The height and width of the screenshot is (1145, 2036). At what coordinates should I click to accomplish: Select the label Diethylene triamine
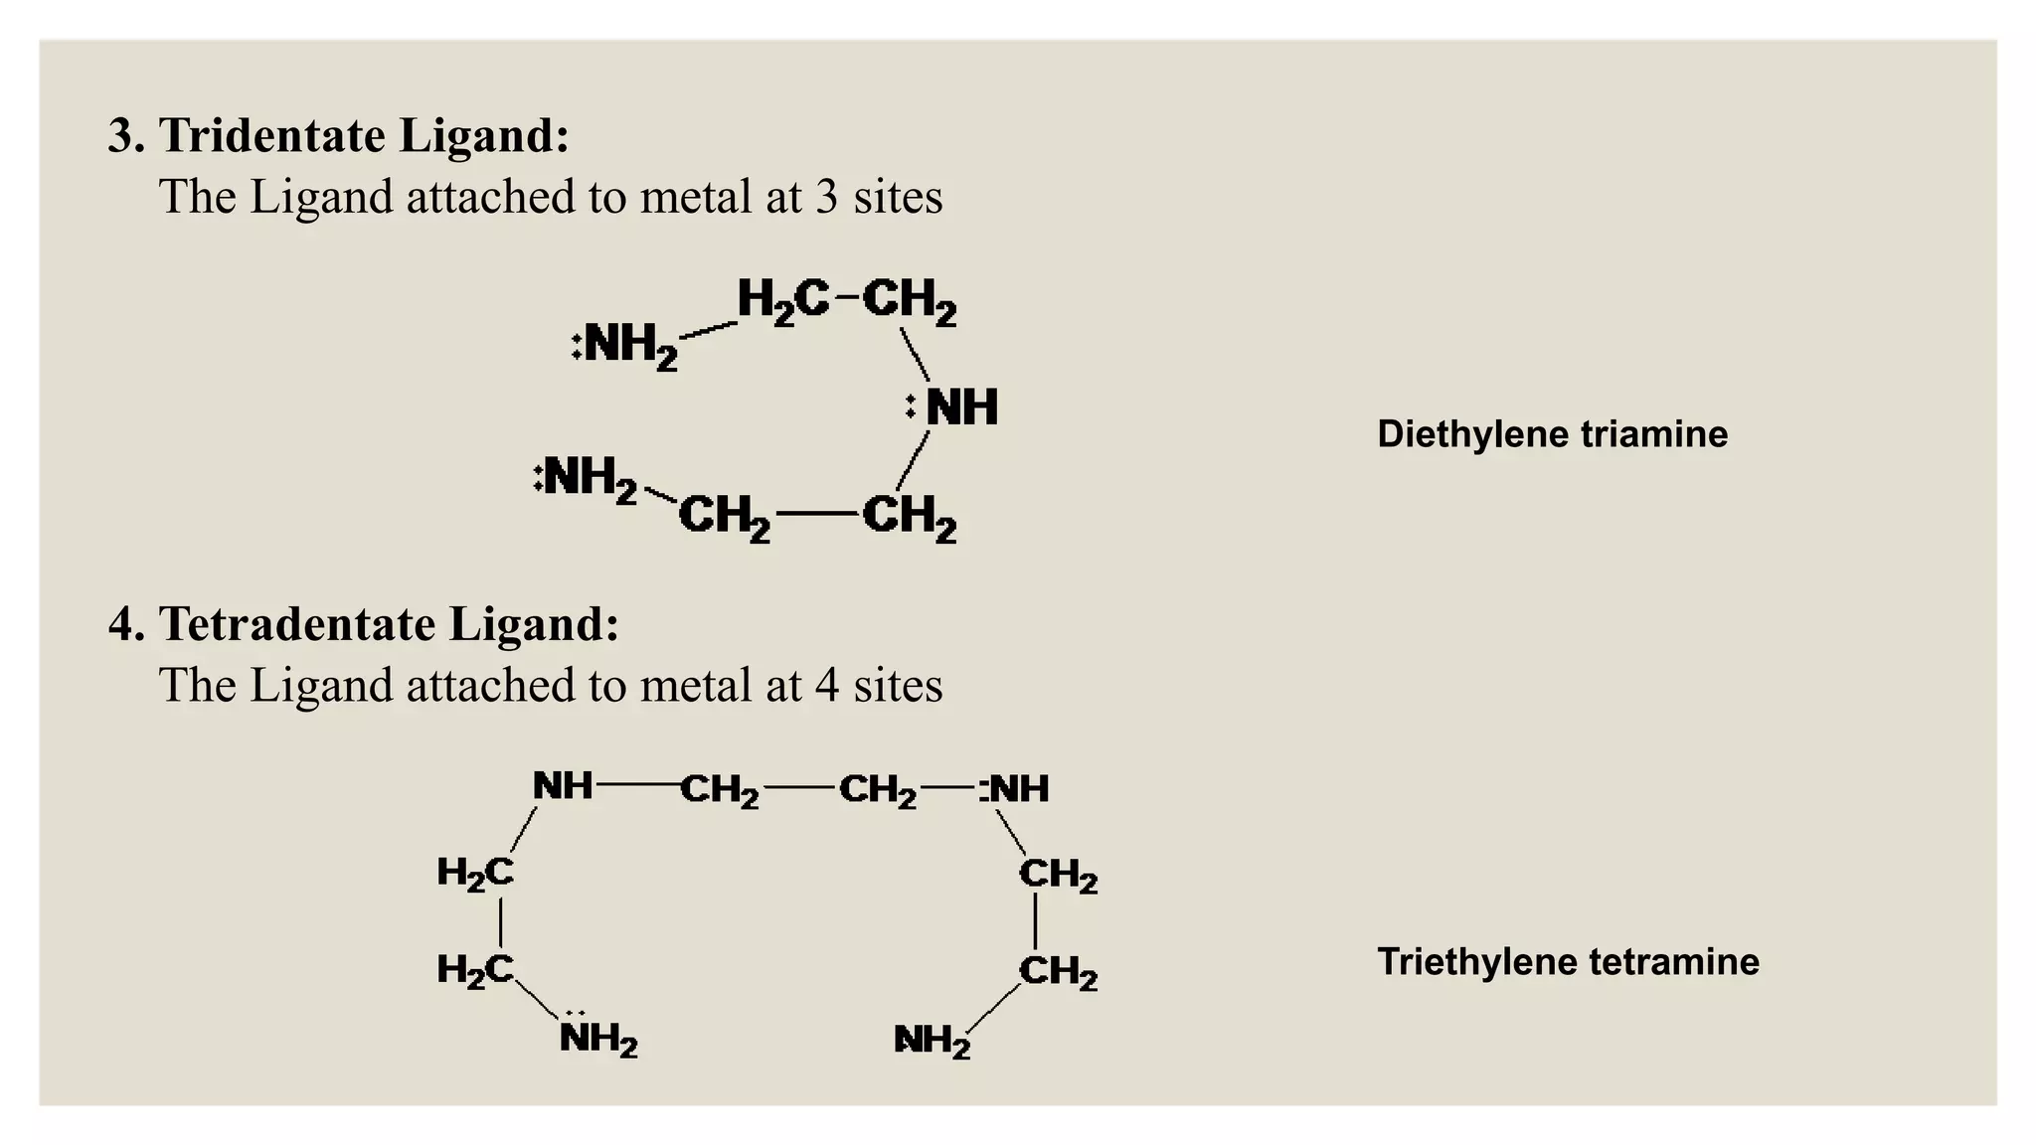pyautogui.click(x=1552, y=434)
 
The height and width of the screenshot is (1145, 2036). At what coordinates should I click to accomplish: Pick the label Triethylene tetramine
pyautogui.click(x=1568, y=962)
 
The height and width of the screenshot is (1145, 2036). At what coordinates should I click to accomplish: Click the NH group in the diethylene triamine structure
pyautogui.click(x=961, y=408)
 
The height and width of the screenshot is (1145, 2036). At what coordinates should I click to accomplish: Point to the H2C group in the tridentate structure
pyautogui.click(x=782, y=299)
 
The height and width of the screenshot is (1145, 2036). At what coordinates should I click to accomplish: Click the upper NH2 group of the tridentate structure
pyautogui.click(x=629, y=346)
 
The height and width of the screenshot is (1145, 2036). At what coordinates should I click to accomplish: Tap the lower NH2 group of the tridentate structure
pyautogui.click(x=589, y=479)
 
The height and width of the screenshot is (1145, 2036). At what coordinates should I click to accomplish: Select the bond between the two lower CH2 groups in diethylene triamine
pyautogui.click(x=816, y=514)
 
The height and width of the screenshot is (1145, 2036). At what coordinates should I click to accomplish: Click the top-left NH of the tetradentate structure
pyautogui.click(x=563, y=786)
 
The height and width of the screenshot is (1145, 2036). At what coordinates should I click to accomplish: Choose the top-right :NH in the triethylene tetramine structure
pyautogui.click(x=1015, y=789)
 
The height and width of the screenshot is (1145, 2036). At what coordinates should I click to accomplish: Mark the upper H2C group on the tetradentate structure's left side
pyautogui.click(x=475, y=874)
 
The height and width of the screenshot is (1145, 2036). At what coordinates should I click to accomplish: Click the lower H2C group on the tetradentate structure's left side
pyautogui.click(x=475, y=969)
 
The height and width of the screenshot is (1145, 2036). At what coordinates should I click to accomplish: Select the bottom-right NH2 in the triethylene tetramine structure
pyautogui.click(x=932, y=1041)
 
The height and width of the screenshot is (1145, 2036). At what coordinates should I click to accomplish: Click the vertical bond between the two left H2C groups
pyautogui.click(x=500, y=921)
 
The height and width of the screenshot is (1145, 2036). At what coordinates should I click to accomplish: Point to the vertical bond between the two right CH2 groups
pyautogui.click(x=1036, y=921)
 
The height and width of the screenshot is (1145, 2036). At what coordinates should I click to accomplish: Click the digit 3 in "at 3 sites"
pyautogui.click(x=827, y=197)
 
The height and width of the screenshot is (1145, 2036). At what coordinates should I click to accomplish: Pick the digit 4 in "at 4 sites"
pyautogui.click(x=827, y=686)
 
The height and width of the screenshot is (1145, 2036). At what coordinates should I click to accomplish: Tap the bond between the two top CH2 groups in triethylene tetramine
pyautogui.click(x=798, y=788)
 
